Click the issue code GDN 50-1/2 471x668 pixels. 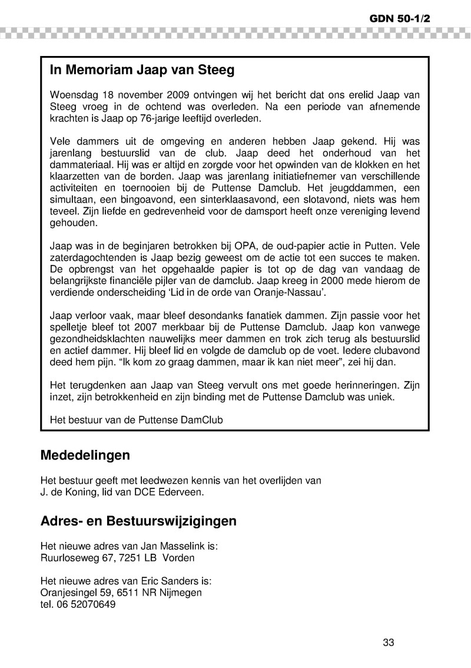[400, 18]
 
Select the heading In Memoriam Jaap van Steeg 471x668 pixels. [142, 71]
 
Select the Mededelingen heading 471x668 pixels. [85, 455]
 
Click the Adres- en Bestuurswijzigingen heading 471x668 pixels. [138, 521]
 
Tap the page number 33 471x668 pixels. [388, 643]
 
